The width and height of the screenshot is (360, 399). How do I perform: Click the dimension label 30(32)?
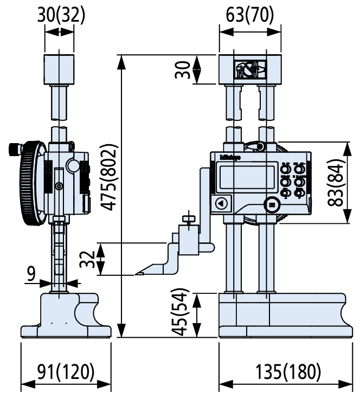click(x=61, y=14)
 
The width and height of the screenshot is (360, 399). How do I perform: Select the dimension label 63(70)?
click(x=249, y=14)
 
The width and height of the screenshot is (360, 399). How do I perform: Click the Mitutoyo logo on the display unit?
click(x=230, y=158)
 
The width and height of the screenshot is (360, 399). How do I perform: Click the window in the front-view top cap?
click(x=250, y=69)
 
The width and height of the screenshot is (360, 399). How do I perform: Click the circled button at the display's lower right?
click(x=271, y=204)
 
